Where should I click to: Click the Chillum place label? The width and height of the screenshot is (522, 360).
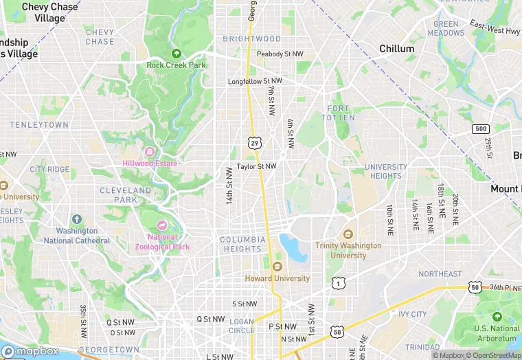[397, 49]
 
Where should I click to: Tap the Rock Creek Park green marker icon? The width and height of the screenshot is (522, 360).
[177, 54]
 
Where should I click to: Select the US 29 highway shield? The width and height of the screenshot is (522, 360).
[255, 142]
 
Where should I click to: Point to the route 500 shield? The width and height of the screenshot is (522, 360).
[480, 129]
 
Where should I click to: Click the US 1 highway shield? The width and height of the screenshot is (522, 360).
[337, 282]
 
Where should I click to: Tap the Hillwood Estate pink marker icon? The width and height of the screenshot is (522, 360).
[150, 152]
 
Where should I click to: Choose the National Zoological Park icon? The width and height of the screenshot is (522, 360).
[162, 226]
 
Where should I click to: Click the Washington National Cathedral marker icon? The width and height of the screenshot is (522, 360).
[76, 220]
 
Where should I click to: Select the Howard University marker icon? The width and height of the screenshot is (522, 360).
[277, 267]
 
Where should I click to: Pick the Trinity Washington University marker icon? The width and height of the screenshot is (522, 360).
[348, 234]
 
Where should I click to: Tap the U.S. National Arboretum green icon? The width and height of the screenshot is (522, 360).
[497, 317]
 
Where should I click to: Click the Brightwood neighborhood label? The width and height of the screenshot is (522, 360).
[251, 38]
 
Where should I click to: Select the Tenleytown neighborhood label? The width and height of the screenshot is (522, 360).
[39, 125]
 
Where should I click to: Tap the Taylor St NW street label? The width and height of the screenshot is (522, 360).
[256, 166]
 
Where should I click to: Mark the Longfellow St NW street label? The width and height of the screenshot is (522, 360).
[254, 82]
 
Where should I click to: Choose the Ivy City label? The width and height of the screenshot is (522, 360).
[412, 314]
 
